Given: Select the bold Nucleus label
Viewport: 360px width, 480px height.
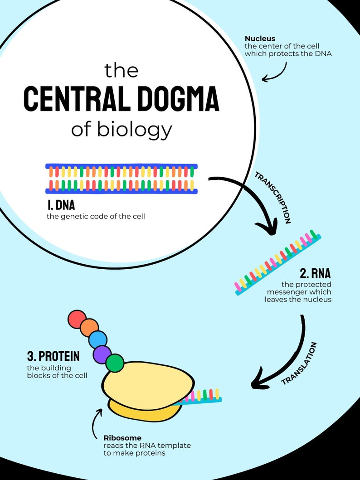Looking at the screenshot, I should (260, 39).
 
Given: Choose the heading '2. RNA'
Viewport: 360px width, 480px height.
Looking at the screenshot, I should (315, 273).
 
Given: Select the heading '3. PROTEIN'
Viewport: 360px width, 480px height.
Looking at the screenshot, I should (53, 356).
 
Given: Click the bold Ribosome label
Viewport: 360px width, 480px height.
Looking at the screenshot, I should (122, 438).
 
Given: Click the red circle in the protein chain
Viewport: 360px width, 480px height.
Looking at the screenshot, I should (77, 319).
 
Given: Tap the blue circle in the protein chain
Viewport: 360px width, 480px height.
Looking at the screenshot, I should (98, 339).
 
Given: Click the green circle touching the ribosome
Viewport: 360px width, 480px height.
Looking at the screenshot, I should (115, 363).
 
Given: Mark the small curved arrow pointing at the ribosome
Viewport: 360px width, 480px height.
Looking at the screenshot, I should (97, 422).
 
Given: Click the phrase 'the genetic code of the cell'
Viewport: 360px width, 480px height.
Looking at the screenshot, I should (96, 216).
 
